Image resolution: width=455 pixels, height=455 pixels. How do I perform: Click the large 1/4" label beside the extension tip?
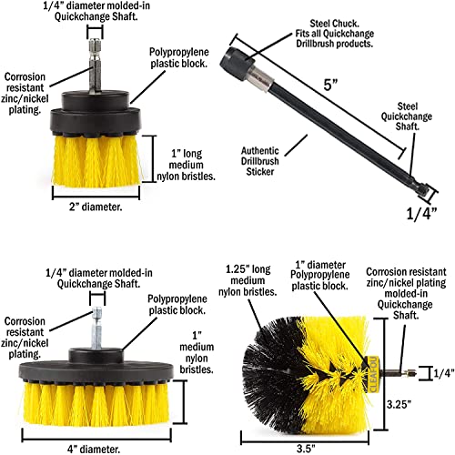(x=425, y=214)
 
